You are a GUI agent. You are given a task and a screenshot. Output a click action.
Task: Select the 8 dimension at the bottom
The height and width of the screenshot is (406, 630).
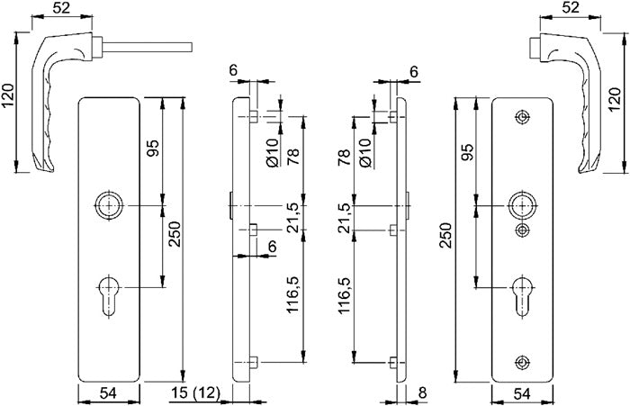(x=422, y=392)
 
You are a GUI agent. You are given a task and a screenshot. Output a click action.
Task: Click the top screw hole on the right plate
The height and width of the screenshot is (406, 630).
(x=522, y=118)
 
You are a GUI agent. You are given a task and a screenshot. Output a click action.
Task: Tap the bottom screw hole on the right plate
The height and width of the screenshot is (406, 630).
(x=522, y=362)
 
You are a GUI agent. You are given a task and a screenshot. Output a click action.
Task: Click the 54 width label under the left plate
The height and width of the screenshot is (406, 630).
(x=108, y=392)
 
